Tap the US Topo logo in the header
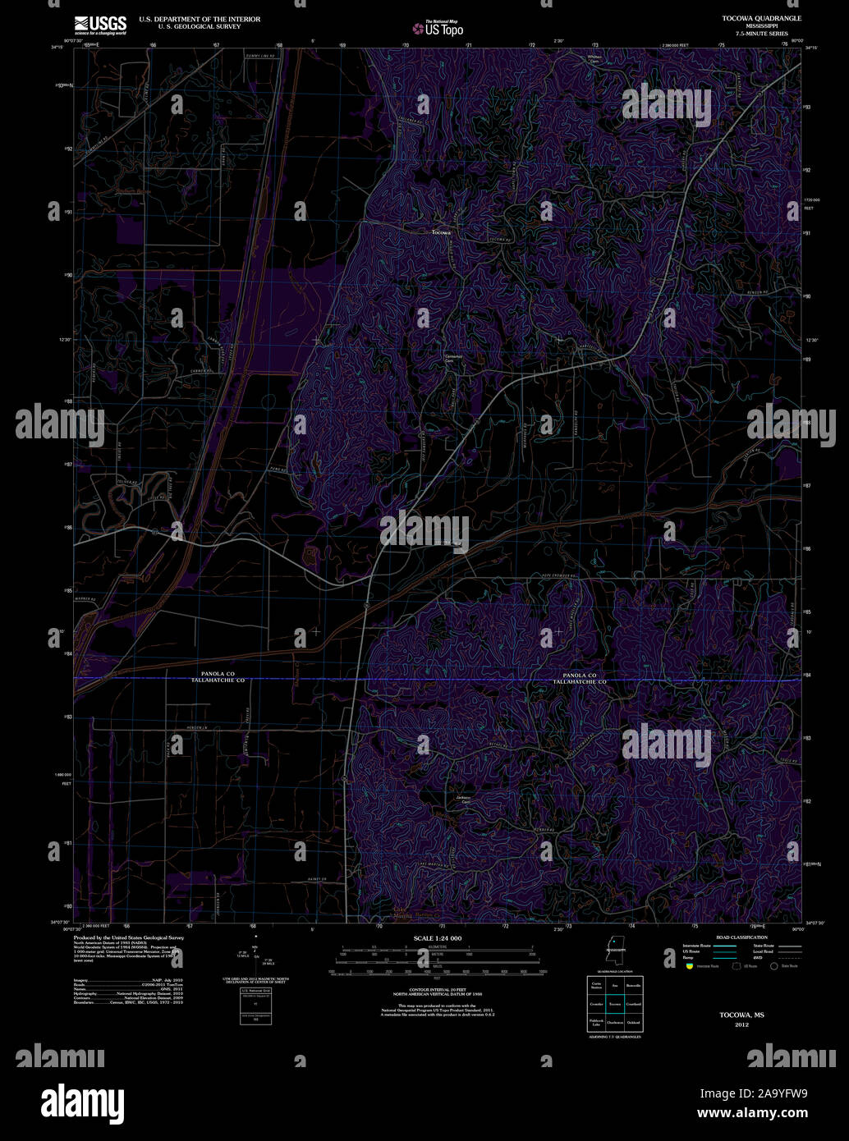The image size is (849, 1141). [438, 28]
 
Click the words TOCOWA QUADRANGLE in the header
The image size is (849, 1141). [750, 17]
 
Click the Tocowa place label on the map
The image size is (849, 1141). [441, 232]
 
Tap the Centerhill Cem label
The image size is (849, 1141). [454, 358]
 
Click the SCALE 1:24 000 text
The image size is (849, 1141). [438, 938]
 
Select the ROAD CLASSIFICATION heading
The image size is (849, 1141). [741, 937]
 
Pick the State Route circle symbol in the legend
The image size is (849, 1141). [773, 966]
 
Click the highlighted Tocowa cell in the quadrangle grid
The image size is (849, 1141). [615, 1004]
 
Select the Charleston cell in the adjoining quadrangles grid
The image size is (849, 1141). [615, 1023]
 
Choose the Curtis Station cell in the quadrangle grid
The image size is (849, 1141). [596, 985]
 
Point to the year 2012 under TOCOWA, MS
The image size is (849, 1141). [741, 1025]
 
